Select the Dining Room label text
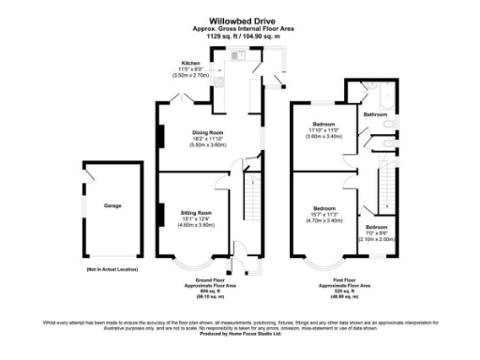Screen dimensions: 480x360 click(209, 132)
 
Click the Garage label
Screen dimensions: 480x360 click(112, 204)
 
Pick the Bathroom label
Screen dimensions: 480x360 click(375, 114)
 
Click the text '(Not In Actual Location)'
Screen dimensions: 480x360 click(112, 269)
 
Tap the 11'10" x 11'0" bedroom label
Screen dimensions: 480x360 click(323, 123)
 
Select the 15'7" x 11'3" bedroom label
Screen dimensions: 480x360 click(324, 207)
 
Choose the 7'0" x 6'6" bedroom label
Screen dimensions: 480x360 click(376, 227)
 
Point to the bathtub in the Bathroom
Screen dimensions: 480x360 click(382, 94)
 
